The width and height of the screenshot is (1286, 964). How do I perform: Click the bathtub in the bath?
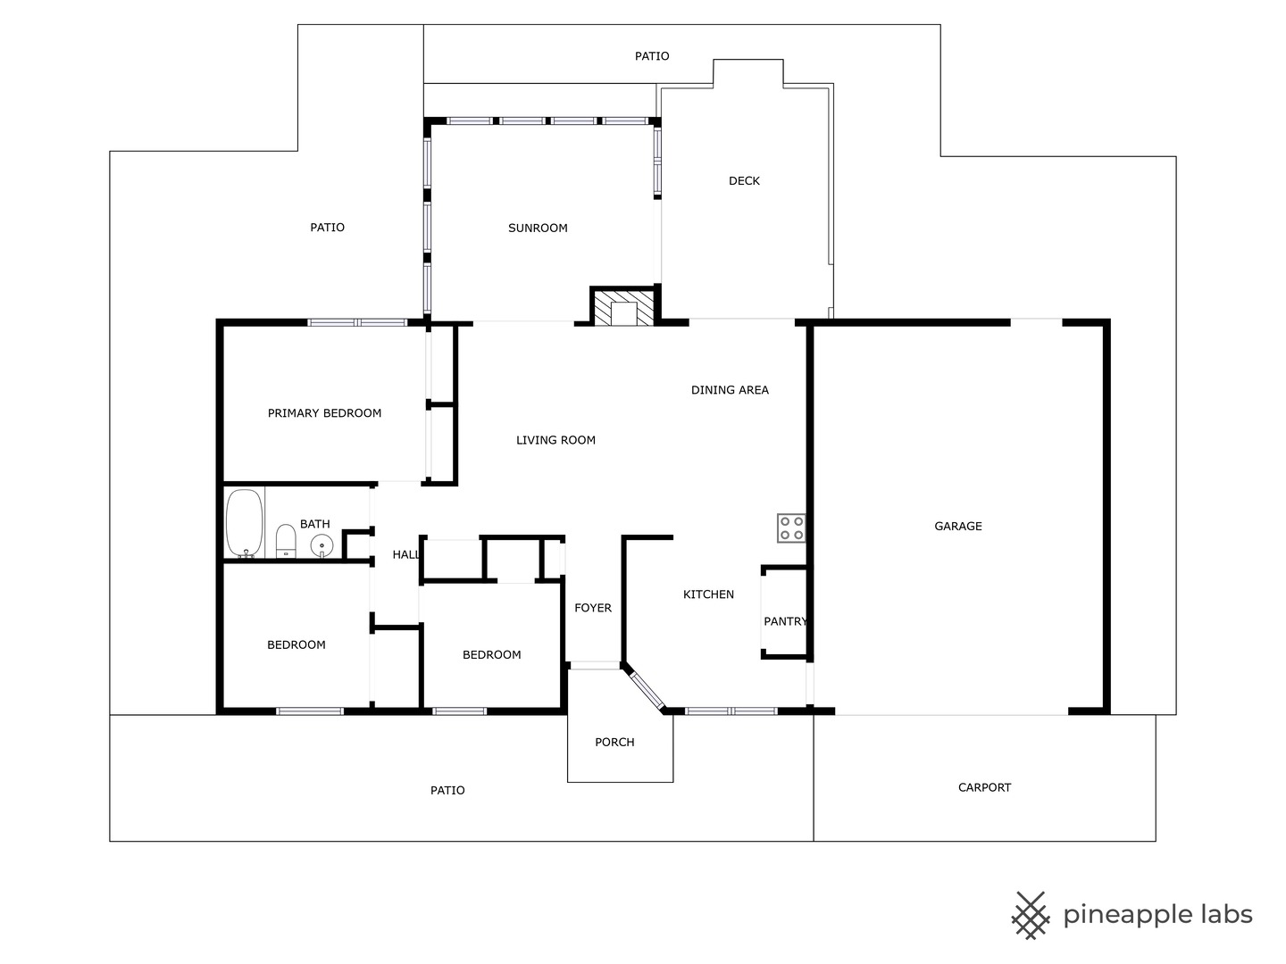click(245, 523)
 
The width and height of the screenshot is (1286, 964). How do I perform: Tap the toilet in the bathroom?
click(285, 541)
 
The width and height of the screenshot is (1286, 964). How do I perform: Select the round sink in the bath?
click(321, 546)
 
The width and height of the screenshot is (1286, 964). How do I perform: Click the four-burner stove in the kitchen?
click(791, 528)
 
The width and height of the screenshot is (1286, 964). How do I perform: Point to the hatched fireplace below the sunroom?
click(623, 307)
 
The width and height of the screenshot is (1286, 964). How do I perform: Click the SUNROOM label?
click(538, 229)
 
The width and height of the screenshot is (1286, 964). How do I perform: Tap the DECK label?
click(744, 181)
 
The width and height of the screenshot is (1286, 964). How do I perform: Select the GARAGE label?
click(958, 527)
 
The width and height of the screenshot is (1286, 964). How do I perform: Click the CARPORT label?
click(984, 788)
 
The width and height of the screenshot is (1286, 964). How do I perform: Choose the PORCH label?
click(614, 742)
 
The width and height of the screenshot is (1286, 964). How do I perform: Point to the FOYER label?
click(593, 608)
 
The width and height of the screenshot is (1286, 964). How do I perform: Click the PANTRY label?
click(785, 621)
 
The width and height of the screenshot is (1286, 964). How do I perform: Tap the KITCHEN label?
click(708, 594)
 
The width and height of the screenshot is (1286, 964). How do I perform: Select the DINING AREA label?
click(730, 390)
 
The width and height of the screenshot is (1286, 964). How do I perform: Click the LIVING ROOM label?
click(555, 440)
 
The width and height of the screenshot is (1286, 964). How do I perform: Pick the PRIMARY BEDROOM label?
click(324, 413)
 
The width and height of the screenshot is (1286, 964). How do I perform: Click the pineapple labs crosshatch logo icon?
click(1031, 916)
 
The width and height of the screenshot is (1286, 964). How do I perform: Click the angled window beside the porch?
click(647, 691)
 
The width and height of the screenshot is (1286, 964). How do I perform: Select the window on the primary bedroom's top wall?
click(357, 322)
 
